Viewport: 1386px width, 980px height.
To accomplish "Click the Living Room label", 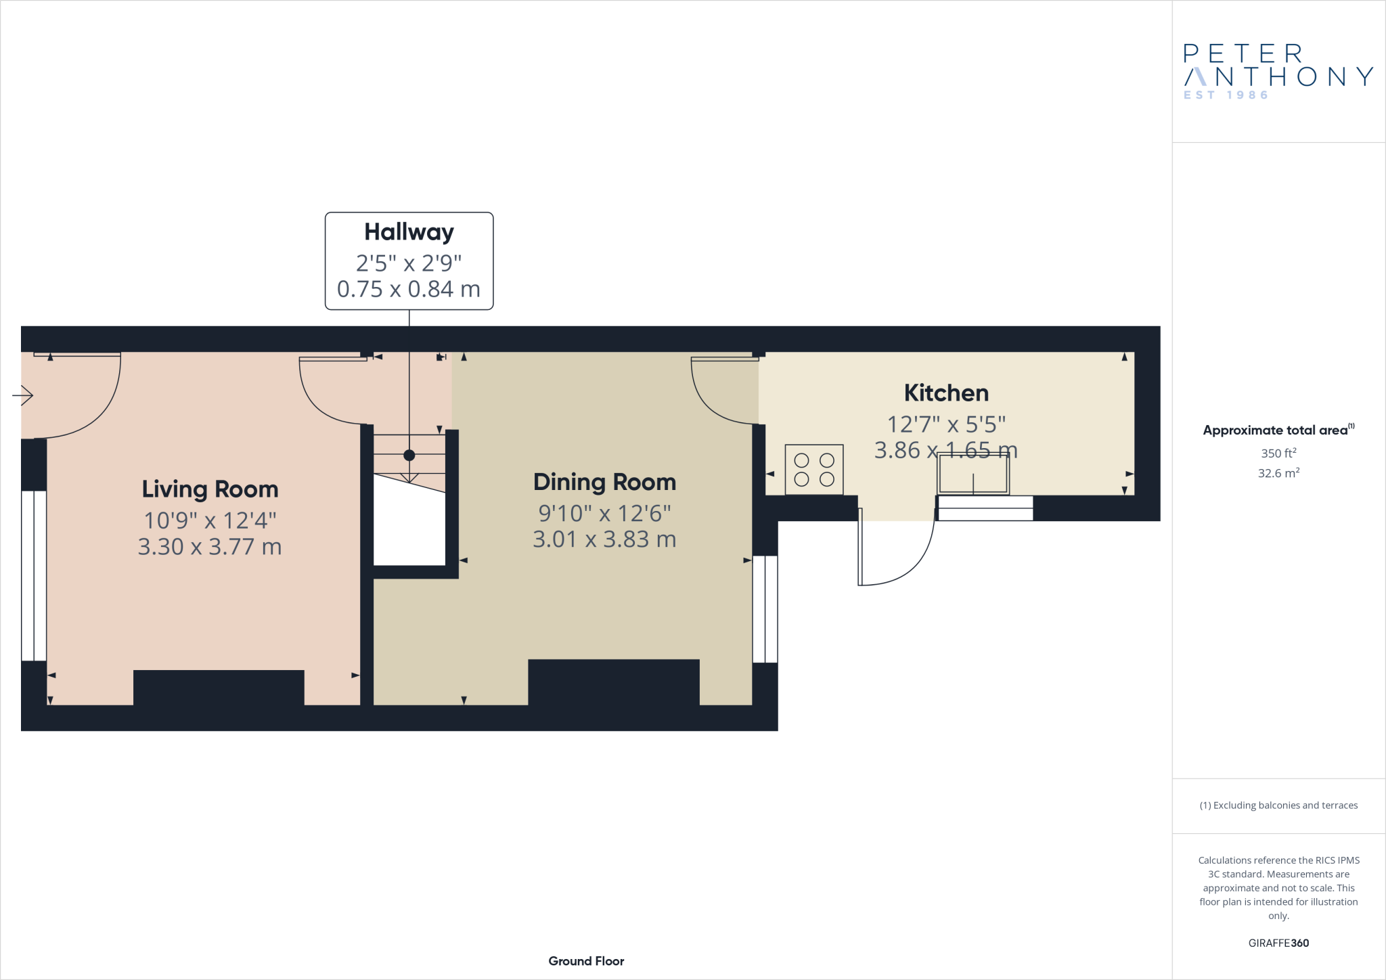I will (x=210, y=489).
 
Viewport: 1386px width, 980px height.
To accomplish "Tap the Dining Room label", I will (x=604, y=482).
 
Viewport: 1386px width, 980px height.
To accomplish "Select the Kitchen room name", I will (x=946, y=393).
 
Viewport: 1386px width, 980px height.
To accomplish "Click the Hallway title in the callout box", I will (x=409, y=232).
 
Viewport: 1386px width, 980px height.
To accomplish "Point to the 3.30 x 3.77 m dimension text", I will (x=210, y=547).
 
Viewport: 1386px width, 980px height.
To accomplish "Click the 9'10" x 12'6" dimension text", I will (x=604, y=514).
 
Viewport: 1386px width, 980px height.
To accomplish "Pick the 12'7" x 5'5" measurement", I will (x=946, y=424).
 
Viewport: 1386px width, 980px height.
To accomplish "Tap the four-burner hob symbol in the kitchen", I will (x=814, y=470).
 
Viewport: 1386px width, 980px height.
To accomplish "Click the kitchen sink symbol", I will (x=973, y=474).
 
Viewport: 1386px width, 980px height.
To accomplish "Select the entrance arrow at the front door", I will (x=23, y=395).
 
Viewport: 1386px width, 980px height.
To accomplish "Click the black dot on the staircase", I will (x=409, y=455).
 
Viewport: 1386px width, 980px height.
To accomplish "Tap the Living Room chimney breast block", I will (x=219, y=687).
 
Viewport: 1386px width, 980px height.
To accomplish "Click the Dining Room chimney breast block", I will (x=613, y=682).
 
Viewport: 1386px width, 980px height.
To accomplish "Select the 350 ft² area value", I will (x=1278, y=453).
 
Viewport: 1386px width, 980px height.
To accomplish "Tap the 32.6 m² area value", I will (x=1278, y=473).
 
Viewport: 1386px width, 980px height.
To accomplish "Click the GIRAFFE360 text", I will (x=1278, y=943).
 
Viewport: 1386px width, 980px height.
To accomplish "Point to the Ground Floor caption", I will (x=586, y=961).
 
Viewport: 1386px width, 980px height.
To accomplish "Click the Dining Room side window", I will (x=765, y=609).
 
